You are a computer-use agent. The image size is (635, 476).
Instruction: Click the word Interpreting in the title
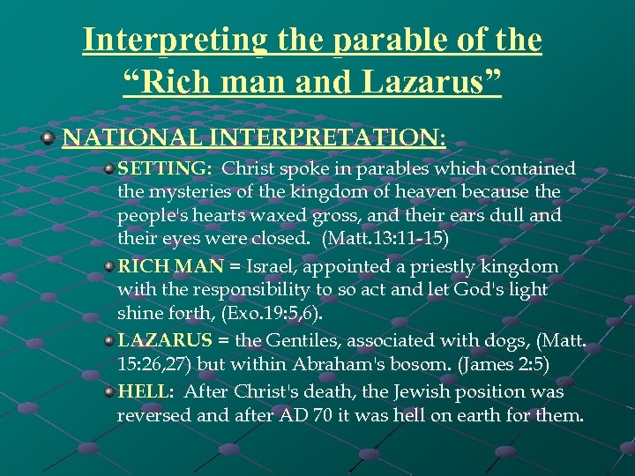pyautogui.click(x=172, y=41)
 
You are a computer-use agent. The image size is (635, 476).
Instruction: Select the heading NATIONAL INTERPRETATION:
pyautogui.click(x=254, y=138)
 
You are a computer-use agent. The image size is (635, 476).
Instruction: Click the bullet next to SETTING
pyautogui.click(x=108, y=167)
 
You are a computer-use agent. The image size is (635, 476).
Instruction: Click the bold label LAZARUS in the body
pyautogui.click(x=165, y=341)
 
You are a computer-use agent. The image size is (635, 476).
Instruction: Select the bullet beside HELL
pyautogui.click(x=108, y=390)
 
